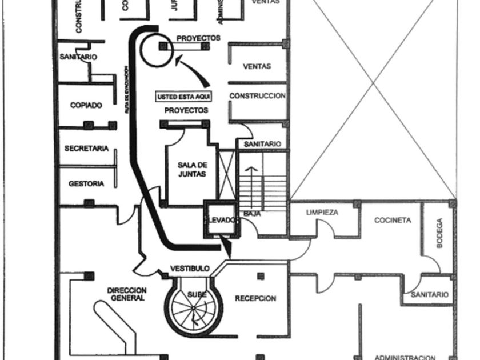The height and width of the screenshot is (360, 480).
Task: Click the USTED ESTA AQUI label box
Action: tap(183, 96)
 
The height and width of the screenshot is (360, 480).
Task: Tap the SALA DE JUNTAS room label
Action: tap(191, 170)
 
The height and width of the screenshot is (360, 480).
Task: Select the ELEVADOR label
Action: tap(219, 219)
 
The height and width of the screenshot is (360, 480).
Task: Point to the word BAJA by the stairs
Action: tap(252, 214)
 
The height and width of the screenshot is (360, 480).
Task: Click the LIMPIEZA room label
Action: tap(322, 212)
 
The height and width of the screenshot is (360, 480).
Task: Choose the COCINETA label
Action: tap(393, 220)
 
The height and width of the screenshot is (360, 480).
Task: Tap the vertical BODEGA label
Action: tap(439, 233)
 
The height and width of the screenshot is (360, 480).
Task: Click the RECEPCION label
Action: tap(255, 298)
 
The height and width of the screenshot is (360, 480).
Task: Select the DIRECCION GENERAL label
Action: tap(127, 294)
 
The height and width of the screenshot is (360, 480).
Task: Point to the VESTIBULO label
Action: tap(190, 269)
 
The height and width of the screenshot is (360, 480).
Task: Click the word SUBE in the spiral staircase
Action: tap(197, 294)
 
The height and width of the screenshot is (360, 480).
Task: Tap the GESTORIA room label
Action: tap(86, 184)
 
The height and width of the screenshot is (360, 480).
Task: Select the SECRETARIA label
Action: tap(86, 149)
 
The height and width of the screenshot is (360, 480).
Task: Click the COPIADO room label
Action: tap(86, 106)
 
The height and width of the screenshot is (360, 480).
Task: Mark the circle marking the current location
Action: tap(155, 48)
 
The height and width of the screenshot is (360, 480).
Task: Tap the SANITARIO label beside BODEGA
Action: tap(430, 295)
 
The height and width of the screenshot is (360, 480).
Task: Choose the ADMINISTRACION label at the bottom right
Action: tap(405, 357)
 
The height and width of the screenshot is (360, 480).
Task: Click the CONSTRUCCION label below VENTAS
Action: tap(257, 96)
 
